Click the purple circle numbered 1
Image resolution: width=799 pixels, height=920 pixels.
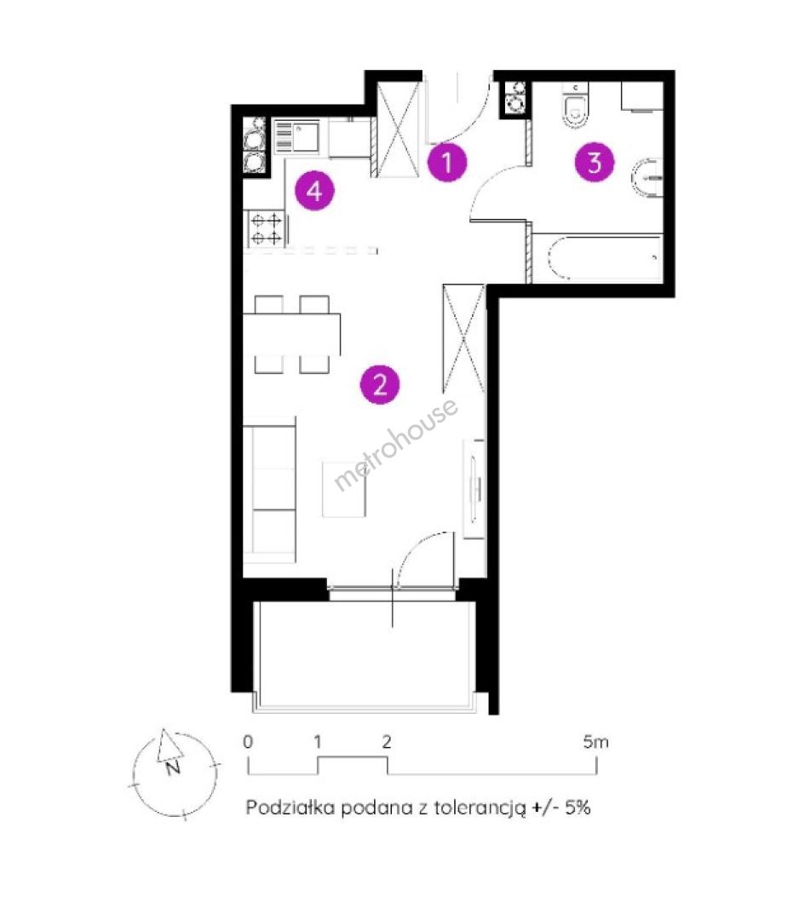coord(447,162)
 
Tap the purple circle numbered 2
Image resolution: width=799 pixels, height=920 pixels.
coord(380,385)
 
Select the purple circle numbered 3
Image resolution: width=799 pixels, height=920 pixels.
coord(595,162)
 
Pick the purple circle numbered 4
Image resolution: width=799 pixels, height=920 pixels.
coord(315,191)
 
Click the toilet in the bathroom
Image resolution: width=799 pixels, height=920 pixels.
coord(575,106)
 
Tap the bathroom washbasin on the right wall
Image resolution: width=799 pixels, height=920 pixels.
coord(647,178)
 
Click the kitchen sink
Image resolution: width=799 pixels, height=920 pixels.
coord(296,137)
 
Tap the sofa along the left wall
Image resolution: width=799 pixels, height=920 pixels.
coord(270,490)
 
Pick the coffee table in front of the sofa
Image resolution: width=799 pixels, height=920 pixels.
coord(344,489)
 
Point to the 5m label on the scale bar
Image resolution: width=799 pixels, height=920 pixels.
coord(596,742)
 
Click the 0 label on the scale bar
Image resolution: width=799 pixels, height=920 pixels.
coord(248,742)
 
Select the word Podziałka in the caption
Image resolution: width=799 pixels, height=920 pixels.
coord(290,807)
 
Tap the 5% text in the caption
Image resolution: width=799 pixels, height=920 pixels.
coord(578,807)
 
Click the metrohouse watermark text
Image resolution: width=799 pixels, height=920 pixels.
coord(395,444)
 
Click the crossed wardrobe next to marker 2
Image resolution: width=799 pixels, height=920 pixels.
coord(463,338)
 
